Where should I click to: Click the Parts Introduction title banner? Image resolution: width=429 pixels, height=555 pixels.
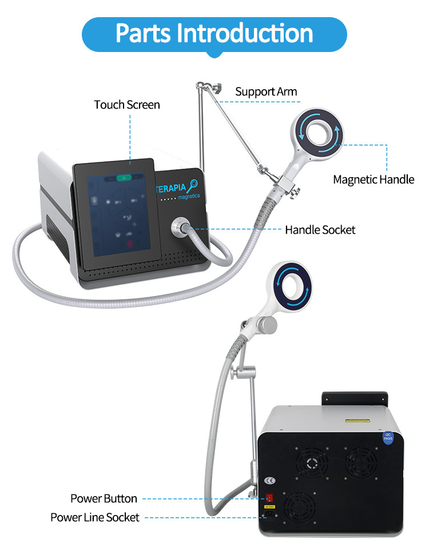point(214,34)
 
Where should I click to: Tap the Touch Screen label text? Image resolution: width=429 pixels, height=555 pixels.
point(127,105)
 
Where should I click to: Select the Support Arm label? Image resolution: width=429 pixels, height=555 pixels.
point(266,91)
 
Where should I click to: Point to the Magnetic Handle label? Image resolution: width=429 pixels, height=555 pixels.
point(374,179)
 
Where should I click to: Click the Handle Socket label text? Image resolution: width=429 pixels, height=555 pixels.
point(320,230)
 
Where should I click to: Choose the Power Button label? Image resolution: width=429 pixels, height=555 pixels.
point(104,498)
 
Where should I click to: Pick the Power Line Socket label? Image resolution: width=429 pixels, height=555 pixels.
point(95,517)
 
